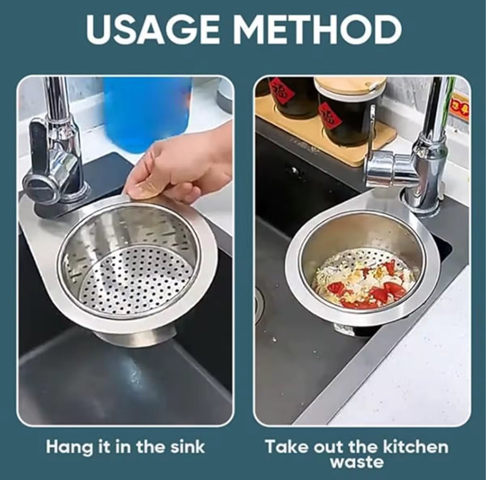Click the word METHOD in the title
pos(319,30)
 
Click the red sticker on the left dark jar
pos(277,92)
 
